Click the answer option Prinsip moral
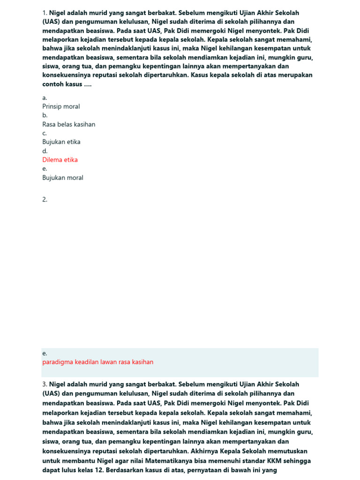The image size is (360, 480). coord(61,106)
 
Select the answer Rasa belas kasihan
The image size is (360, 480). coord(68,124)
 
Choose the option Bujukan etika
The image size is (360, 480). coord(61,142)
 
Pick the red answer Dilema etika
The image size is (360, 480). coord(60,160)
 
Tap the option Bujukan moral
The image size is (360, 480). coord(63,178)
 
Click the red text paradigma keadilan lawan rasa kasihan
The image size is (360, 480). coord(97,362)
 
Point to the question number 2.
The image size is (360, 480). coord(45,199)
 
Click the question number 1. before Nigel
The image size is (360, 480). coord(45,13)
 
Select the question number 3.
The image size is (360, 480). coord(45,384)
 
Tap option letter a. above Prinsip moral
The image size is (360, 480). coord(45,97)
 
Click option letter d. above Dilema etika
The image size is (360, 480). coord(45,151)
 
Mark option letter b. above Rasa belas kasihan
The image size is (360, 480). coord(45,115)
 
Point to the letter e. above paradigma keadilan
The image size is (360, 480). coord(45,353)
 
